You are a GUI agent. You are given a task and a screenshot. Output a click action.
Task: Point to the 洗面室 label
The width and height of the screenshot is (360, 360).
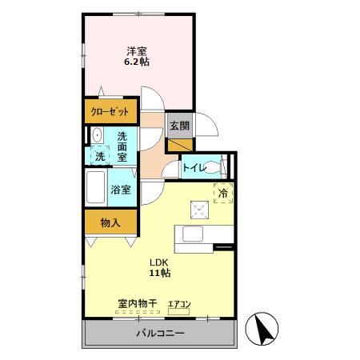pos(122,146)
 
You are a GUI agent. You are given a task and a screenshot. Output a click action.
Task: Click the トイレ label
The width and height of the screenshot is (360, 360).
pos(193,167)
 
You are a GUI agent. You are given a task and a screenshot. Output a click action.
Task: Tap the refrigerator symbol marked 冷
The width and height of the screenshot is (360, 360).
pos(223,193)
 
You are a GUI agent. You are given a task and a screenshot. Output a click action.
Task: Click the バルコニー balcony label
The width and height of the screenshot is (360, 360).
pos(159,333)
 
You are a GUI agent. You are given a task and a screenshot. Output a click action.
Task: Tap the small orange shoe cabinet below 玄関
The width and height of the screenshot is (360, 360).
pos(179,145)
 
